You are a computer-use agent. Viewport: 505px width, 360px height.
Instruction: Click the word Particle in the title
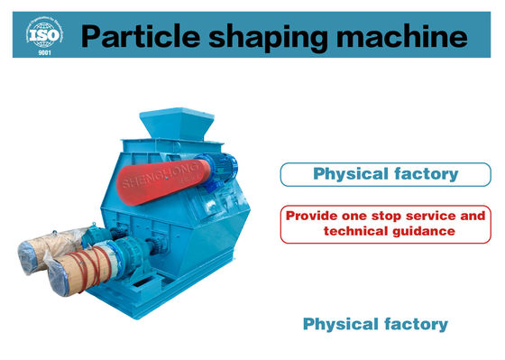(133, 36)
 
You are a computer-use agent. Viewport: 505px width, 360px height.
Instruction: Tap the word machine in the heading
(397, 36)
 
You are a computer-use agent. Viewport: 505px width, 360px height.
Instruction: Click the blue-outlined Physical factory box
(382, 173)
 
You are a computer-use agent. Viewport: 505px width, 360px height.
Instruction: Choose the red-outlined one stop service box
(382, 224)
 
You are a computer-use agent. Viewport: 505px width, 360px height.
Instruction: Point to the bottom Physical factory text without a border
(375, 322)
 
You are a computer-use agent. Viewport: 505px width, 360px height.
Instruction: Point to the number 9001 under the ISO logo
(43, 51)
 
